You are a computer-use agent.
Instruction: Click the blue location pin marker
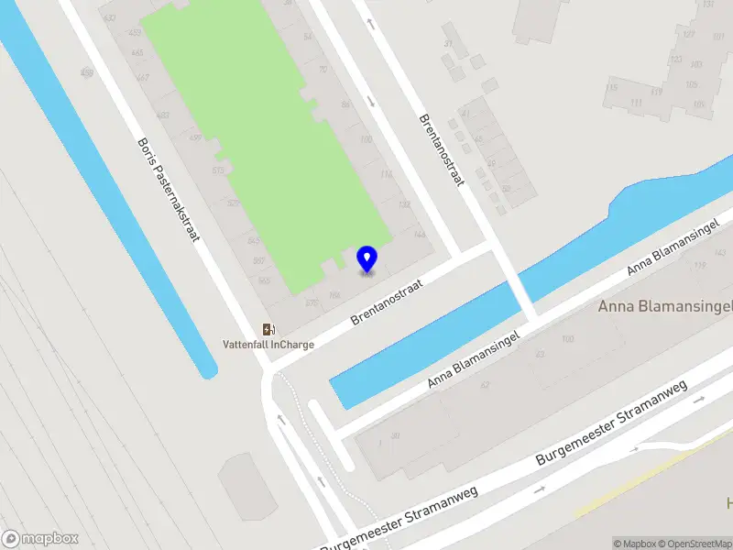[367, 258]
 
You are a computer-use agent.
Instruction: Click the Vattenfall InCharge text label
[268, 345]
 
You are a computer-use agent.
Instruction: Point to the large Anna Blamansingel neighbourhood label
[665, 306]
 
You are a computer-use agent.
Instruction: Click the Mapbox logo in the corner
[40, 538]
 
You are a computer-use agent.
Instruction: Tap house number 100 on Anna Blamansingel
[567, 340]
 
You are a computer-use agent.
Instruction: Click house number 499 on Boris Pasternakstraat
[194, 137]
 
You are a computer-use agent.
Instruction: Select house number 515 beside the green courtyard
[218, 170]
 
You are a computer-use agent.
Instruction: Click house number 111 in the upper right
[635, 103]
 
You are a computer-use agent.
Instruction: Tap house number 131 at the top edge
[707, 5]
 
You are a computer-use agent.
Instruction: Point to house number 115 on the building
[610, 89]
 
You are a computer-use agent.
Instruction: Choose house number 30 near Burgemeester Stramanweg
[395, 436]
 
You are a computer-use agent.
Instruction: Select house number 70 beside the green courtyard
[322, 69]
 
